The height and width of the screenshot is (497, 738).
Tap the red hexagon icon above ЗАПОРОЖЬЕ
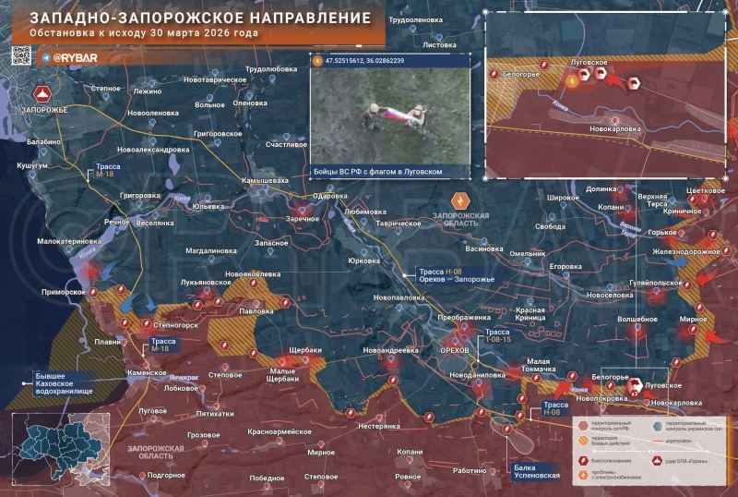coord(42,94)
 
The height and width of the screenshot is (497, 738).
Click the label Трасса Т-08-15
coord(498,335)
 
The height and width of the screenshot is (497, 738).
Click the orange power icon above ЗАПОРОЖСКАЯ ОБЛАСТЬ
coord(459,200)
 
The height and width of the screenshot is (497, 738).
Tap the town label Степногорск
coord(175,326)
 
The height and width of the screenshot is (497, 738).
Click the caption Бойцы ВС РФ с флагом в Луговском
coord(379,172)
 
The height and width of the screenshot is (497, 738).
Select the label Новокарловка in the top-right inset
coord(614,129)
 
